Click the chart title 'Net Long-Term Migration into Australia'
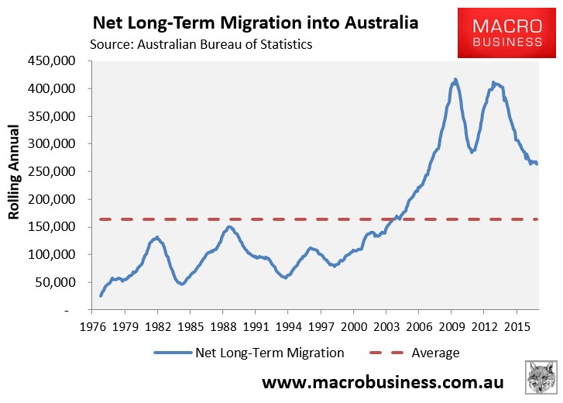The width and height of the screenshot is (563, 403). pos(256,22)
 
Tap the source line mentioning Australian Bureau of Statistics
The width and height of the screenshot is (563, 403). pos(201,44)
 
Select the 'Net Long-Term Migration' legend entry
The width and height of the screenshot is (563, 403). pos(249,353)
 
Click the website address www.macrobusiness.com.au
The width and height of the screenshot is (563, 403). pos(383,383)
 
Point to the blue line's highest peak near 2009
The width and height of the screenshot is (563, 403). pos(455,79)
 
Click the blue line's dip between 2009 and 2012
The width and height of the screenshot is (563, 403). pos(473,152)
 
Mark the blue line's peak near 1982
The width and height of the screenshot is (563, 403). pos(156,237)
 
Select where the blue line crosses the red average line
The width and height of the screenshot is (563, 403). pos(396,219)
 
